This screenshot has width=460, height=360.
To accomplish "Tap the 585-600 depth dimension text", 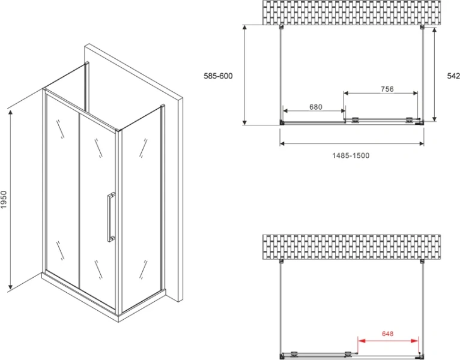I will [217, 76].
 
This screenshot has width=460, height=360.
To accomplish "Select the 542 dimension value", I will [453, 76].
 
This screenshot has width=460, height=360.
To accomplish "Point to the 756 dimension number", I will [387, 89].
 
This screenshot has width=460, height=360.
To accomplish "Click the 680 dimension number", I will [316, 107].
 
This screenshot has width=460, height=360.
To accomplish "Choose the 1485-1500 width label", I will [351, 155].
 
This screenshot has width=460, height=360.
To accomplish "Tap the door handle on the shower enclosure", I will [111, 217].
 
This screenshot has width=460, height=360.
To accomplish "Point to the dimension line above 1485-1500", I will [352, 143].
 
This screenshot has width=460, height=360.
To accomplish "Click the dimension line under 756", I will [381, 94].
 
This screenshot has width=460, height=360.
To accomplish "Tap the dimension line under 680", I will [313, 112].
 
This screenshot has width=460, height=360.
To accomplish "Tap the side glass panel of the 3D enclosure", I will [142, 210].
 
